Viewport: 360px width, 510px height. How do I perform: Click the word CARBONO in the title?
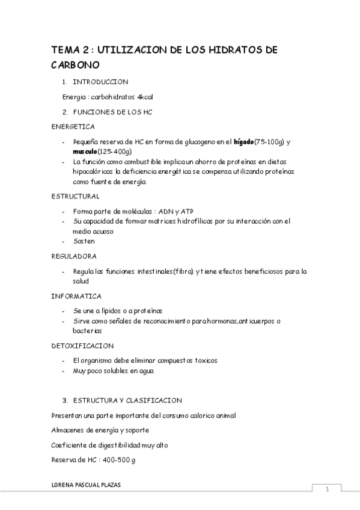pos(75,65)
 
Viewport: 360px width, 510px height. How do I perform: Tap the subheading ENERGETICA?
pos(73,126)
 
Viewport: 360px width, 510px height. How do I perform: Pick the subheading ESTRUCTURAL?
pos(75,196)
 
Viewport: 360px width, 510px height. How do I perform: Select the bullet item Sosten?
pos(84,241)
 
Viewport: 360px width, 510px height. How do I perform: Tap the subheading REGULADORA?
pos(74,256)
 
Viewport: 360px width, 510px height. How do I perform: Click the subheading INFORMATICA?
pos(76,296)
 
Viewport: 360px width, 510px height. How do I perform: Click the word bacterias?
pos(87,331)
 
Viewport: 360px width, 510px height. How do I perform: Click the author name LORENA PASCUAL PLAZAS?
pos(86,485)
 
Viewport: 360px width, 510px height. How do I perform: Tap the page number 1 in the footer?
pos(328,490)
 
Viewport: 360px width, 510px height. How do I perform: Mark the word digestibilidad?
pos(120,445)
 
